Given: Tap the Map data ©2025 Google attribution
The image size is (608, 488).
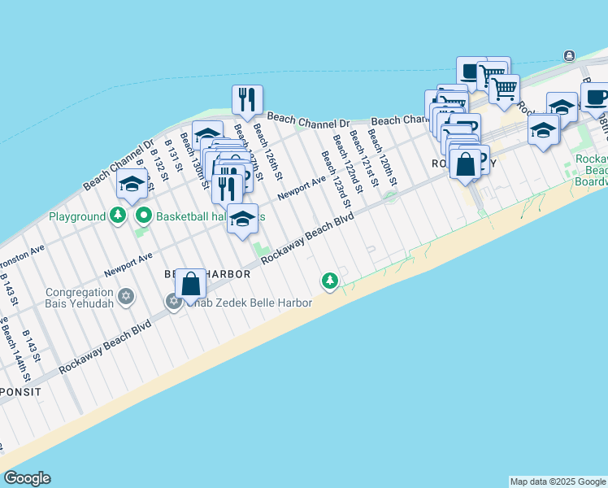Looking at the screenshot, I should (558, 481).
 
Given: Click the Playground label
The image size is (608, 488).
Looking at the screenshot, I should (77, 216).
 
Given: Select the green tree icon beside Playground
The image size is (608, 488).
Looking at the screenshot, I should (119, 216).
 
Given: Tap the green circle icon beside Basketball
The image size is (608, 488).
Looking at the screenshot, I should (144, 216).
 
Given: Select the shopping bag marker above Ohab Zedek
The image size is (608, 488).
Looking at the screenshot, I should (190, 285).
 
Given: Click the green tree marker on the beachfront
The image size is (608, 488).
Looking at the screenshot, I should (329, 281).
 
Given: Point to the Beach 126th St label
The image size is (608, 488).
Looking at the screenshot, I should (268, 151).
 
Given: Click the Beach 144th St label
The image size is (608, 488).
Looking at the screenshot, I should (18, 350).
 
